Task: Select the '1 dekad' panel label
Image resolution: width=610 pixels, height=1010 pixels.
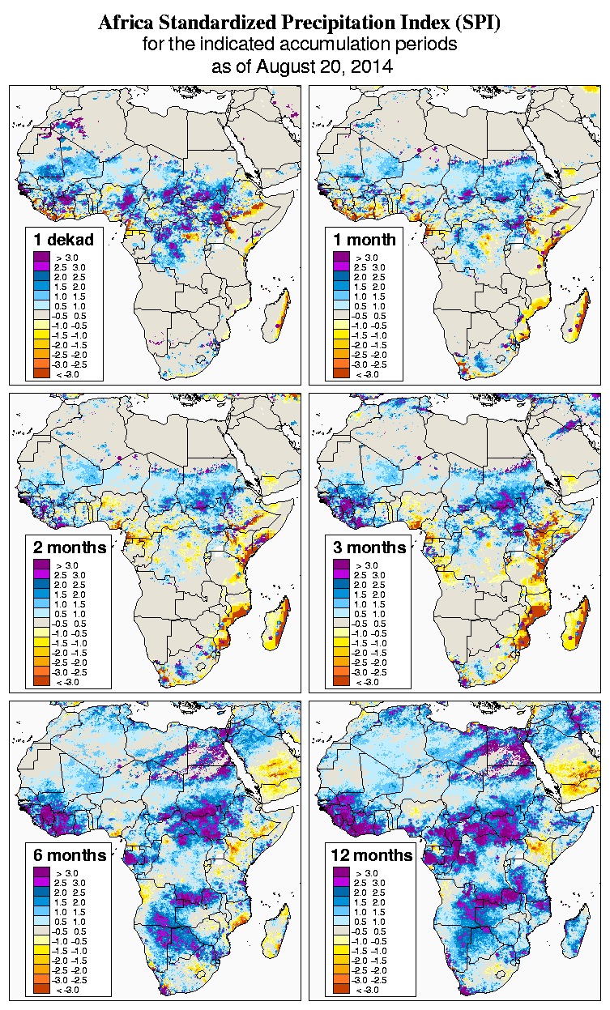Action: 64,239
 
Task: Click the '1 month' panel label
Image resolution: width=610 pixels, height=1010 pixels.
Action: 364,239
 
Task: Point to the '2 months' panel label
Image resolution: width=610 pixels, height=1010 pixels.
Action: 70,547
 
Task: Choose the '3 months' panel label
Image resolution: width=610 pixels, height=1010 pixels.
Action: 369,547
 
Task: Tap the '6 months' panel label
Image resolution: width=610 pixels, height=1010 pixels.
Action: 70,854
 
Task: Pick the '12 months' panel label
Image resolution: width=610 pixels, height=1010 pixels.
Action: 372,854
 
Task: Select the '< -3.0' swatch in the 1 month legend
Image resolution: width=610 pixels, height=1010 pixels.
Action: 340,373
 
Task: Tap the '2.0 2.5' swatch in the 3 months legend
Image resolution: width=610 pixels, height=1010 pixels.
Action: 340,584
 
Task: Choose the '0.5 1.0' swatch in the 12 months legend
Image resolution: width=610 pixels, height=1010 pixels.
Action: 340,921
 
